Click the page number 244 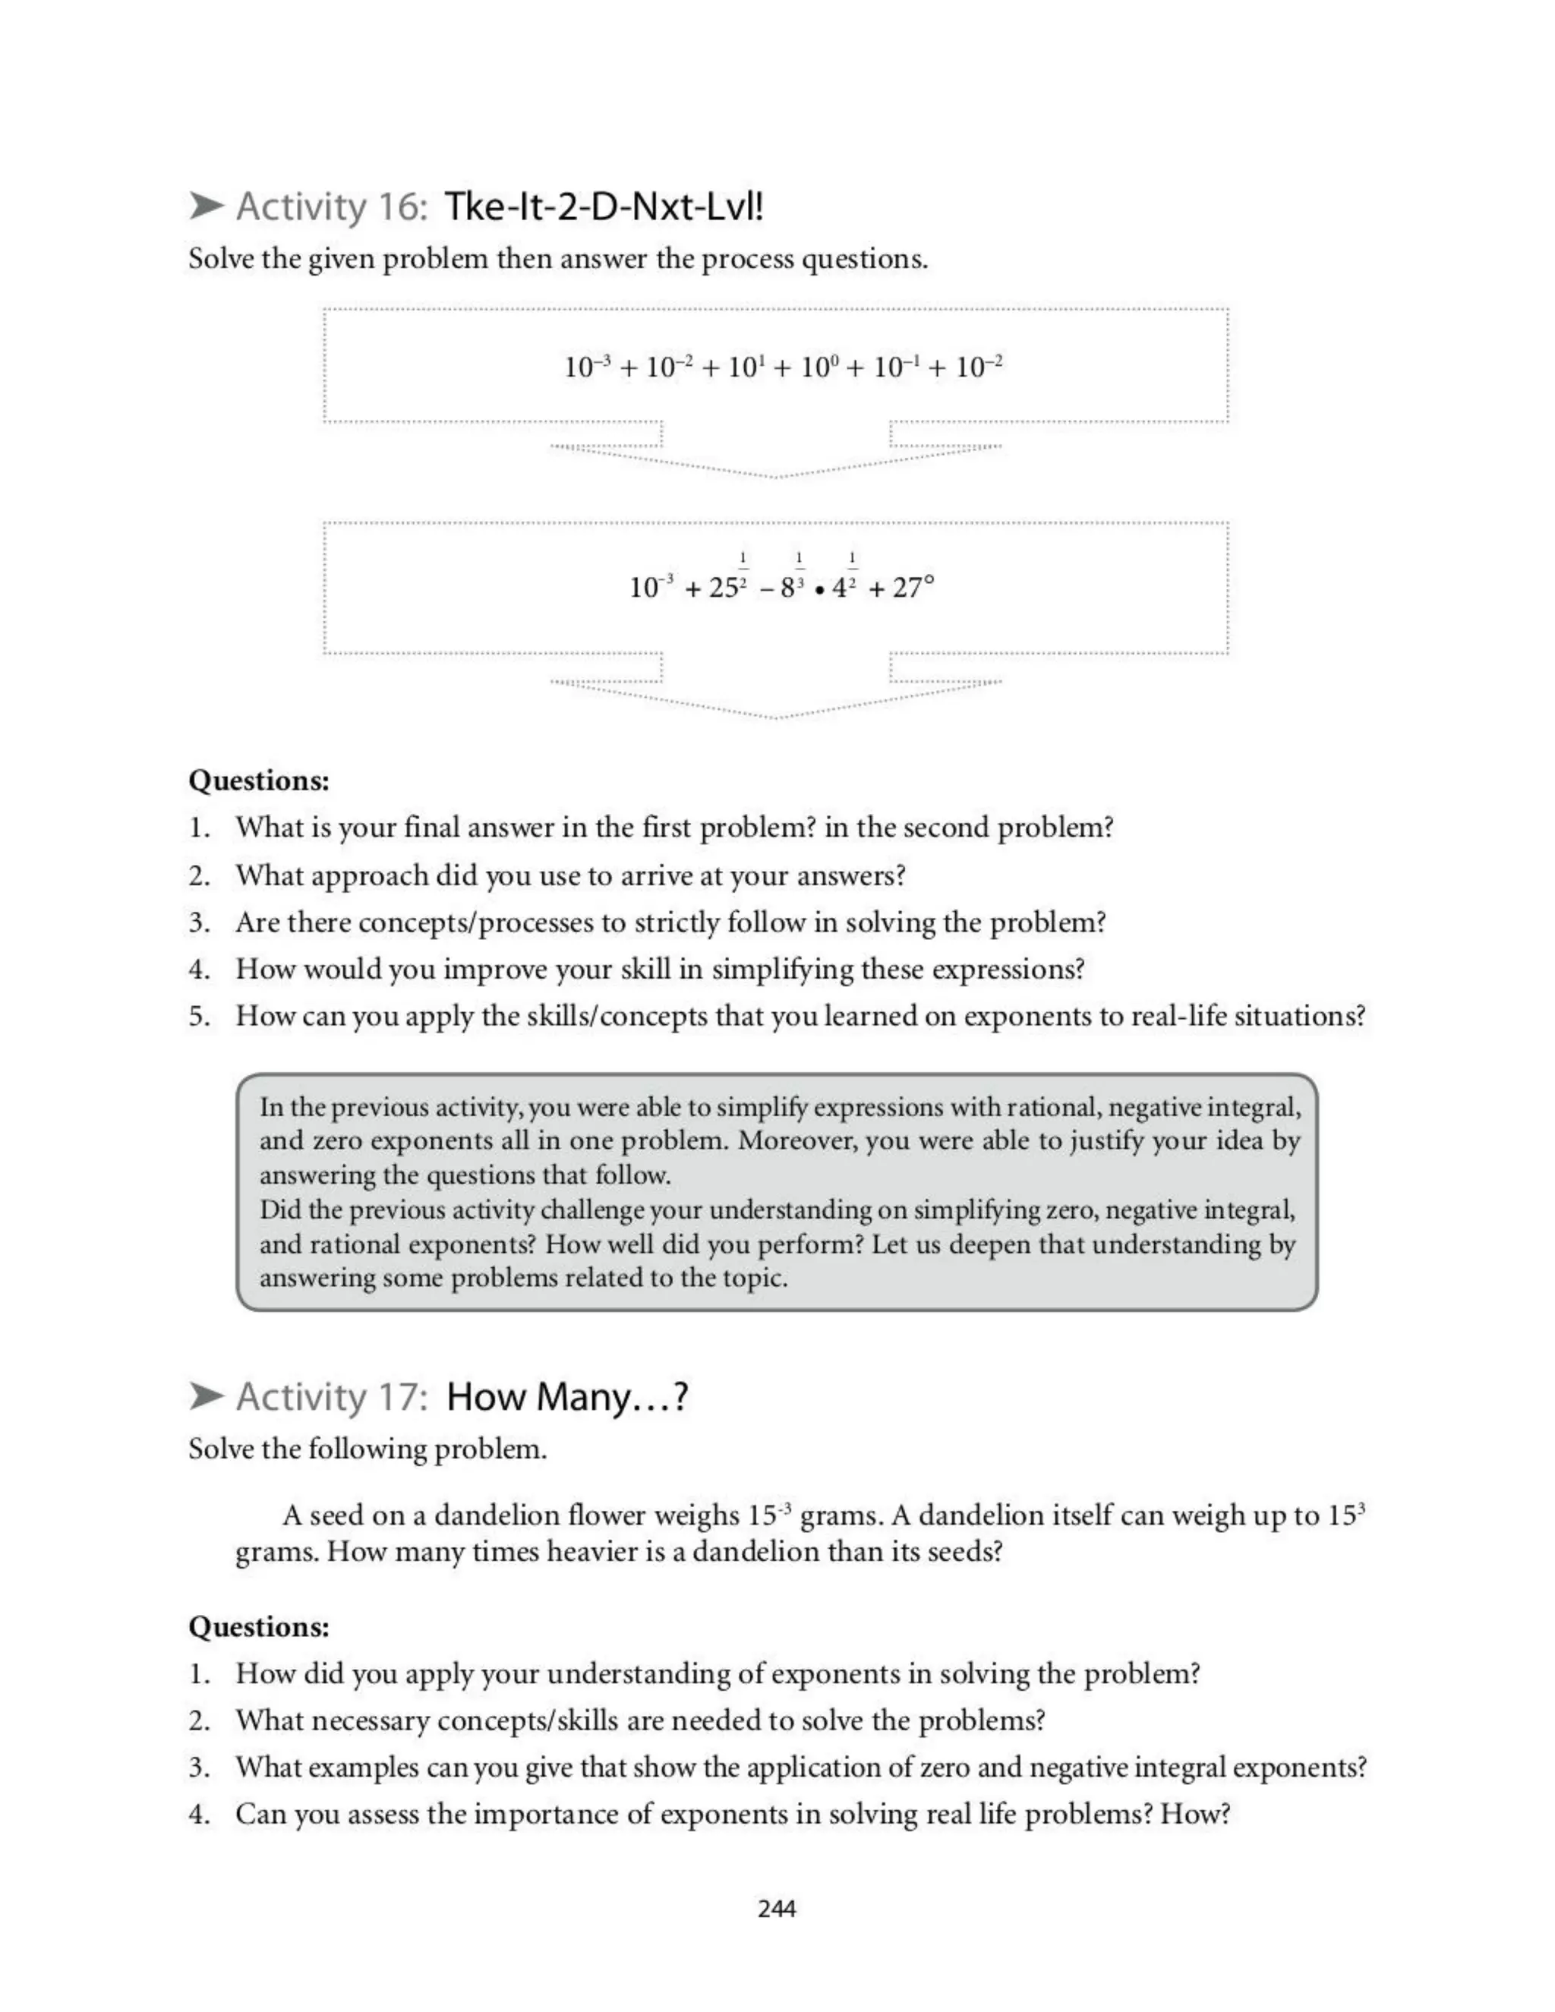777,1909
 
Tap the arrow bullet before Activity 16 207,206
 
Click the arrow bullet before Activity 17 207,1396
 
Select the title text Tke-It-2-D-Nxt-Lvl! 604,207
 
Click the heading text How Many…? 566,1396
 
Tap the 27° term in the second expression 912,587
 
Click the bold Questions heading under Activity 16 259,781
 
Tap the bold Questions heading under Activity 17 259,1626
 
